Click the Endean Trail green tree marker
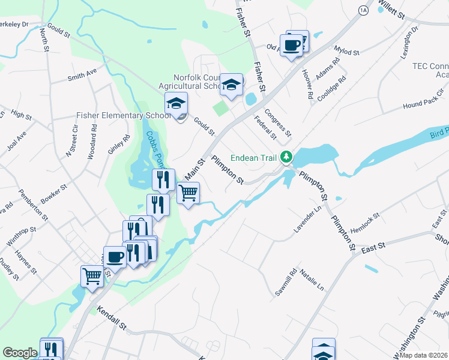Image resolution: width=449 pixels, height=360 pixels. coord(287,157)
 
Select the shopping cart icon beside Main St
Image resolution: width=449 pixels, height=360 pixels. coord(188,194)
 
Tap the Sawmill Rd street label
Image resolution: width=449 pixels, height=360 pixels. coord(292,280)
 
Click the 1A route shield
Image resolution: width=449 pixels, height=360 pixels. coord(363,10)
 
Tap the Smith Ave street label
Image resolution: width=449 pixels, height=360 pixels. coord(82,74)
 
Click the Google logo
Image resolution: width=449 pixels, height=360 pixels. coord(19,353)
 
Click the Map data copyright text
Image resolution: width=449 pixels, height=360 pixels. coord(424,355)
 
